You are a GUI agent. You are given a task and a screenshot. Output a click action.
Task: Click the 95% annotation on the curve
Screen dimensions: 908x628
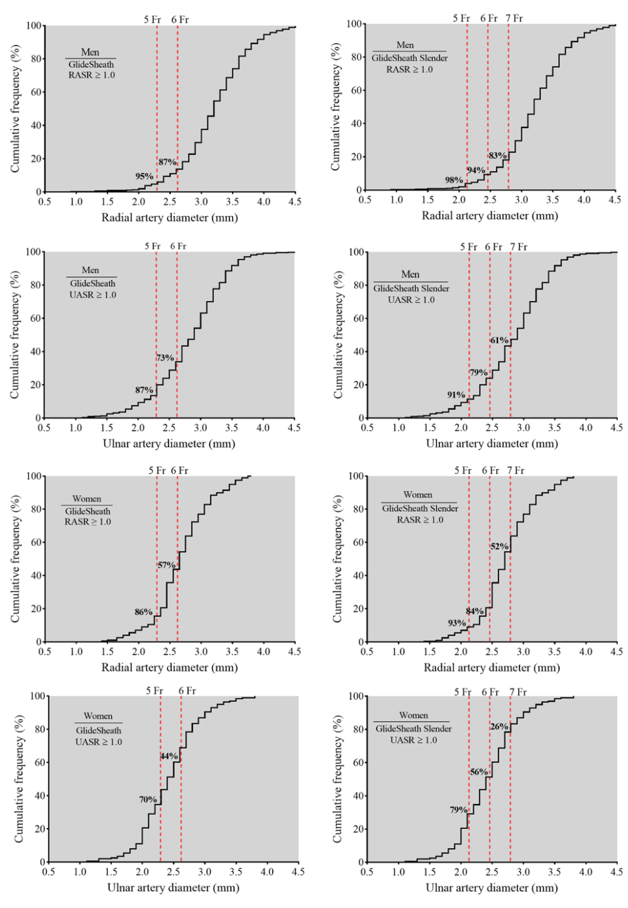(x=144, y=176)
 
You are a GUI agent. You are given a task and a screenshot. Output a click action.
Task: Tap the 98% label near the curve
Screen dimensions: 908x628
(x=454, y=180)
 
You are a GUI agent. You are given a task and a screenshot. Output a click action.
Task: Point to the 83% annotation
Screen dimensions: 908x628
(x=497, y=155)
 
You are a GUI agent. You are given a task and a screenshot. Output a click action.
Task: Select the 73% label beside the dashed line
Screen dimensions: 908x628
(x=165, y=358)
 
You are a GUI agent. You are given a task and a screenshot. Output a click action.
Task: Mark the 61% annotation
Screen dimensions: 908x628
(x=499, y=340)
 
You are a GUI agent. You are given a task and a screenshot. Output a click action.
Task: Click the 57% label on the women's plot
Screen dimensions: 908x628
(x=166, y=565)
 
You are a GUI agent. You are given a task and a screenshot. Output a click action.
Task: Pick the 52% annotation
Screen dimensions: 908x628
(x=499, y=546)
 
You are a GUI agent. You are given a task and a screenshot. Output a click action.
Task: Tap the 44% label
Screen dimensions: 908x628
(x=169, y=756)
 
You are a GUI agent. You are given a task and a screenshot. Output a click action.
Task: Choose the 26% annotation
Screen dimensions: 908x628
(x=499, y=727)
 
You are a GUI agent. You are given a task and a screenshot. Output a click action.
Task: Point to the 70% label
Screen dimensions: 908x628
(x=148, y=799)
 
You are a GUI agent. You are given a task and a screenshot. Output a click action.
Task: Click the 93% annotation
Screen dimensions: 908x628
(x=456, y=623)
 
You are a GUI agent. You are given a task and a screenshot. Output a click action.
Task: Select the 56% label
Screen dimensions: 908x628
(x=479, y=772)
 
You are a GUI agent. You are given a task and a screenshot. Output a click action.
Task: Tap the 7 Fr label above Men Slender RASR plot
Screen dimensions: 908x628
(x=514, y=18)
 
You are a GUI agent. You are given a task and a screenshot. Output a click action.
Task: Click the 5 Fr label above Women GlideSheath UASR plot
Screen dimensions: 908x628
(x=154, y=691)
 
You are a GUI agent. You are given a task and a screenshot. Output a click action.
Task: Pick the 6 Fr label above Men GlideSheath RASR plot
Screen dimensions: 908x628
(x=180, y=20)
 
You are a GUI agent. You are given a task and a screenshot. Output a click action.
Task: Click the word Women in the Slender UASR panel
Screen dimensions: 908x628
(x=413, y=715)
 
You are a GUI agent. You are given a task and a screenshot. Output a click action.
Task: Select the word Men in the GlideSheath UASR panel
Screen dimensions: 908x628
(x=90, y=270)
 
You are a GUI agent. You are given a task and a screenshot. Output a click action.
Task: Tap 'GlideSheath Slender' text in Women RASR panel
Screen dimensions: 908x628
(x=420, y=508)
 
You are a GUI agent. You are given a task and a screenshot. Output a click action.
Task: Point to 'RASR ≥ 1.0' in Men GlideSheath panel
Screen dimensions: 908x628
(x=92, y=75)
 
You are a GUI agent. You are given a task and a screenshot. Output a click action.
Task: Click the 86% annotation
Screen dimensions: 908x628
(x=143, y=612)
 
